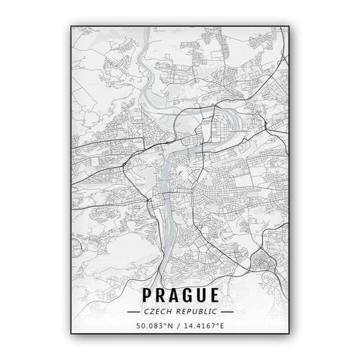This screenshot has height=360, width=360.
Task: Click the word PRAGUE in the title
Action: tap(180, 295)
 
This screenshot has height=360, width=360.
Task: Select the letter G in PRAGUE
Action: tap(186, 295)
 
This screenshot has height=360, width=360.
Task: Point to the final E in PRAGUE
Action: tap(212, 295)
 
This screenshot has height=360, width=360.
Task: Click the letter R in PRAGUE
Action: tap(161, 295)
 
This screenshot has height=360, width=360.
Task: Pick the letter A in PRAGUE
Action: tap(173, 295)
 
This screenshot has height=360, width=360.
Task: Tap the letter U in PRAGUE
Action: tap(199, 295)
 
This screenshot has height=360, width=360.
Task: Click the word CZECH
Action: tap(158, 312)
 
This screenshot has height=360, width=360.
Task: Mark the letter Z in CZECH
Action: tap(152, 312)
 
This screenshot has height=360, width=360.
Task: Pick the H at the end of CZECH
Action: tap(170, 312)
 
